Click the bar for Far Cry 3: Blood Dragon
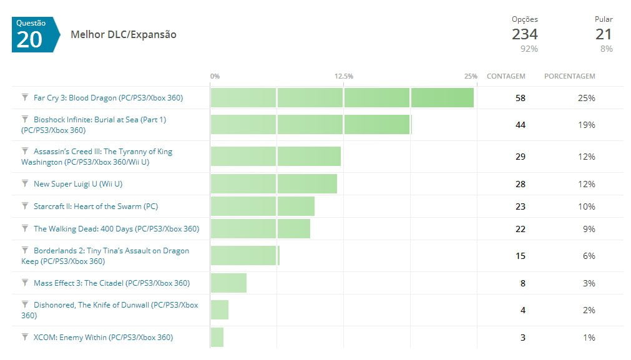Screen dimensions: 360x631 click(x=342, y=98)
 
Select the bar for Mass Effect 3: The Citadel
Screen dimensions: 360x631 click(x=228, y=283)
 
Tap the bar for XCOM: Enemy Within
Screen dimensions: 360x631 click(x=217, y=338)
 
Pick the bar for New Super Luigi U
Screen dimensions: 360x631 click(x=274, y=184)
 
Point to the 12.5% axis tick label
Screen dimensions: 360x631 click(x=343, y=76)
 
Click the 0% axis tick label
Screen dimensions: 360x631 click(x=215, y=76)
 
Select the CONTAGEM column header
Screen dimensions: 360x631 click(x=506, y=76)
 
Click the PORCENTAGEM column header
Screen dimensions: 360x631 click(x=569, y=76)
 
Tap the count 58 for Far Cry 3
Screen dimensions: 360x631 click(x=521, y=98)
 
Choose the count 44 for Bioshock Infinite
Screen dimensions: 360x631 click(x=521, y=125)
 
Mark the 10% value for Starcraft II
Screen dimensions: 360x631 click(x=587, y=207)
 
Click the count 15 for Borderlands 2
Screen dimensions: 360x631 click(x=521, y=256)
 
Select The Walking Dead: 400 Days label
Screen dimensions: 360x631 click(x=116, y=229)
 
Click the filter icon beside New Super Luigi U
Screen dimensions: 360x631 click(x=25, y=183)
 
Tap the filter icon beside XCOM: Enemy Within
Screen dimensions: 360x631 click(x=25, y=337)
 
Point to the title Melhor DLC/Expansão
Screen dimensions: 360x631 click(x=124, y=35)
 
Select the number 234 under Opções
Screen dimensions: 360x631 click(x=524, y=34)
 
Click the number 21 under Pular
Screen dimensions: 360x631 click(x=604, y=34)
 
